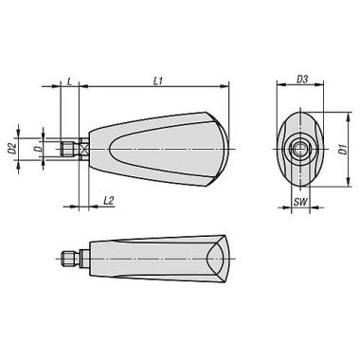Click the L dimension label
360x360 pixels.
point(70,82)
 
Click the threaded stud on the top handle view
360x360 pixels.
point(70,148)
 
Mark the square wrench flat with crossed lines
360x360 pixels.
point(84,148)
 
